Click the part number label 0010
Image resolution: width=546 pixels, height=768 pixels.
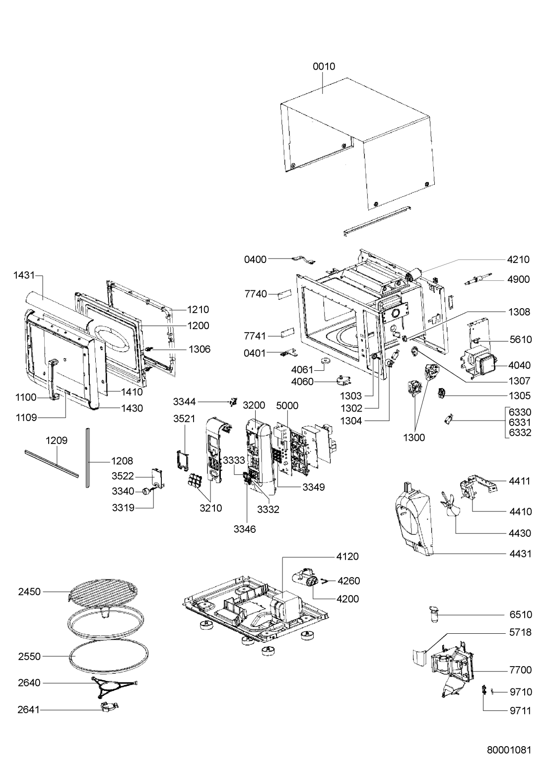(x=324, y=66)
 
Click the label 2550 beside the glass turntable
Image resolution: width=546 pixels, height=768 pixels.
(x=29, y=656)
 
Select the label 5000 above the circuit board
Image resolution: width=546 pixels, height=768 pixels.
(x=287, y=405)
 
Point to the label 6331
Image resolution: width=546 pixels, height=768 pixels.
(x=520, y=422)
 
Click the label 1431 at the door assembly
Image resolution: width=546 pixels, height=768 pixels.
(x=24, y=275)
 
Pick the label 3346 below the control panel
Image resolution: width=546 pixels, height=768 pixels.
(x=245, y=529)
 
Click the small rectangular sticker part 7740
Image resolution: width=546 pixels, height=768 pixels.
(x=285, y=294)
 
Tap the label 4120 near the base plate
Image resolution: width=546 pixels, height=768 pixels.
(x=347, y=556)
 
